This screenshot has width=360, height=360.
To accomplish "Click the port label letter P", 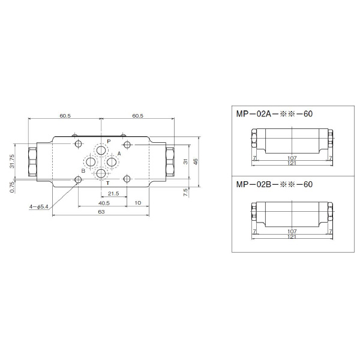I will click(x=109, y=141).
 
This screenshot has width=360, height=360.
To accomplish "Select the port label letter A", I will click(x=119, y=154).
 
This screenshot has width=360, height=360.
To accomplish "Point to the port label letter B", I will click(x=83, y=171).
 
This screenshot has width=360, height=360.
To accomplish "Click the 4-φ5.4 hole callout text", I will click(x=38, y=207).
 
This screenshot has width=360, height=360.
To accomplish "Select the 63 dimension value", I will click(x=101, y=212).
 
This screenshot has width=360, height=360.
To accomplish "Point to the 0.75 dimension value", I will click(x=12, y=187).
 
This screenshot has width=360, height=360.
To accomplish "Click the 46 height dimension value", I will click(x=196, y=161).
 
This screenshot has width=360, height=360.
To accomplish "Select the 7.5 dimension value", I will click(x=186, y=191).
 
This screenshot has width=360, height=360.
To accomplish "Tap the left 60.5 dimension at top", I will click(x=65, y=116).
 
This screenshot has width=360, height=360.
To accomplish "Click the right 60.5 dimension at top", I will click(x=137, y=116).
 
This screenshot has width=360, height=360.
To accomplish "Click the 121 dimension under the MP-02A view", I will click(x=292, y=163).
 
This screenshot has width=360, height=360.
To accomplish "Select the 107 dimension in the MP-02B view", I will click(x=292, y=230).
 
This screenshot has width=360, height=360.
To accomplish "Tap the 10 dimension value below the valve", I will click(x=139, y=203).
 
